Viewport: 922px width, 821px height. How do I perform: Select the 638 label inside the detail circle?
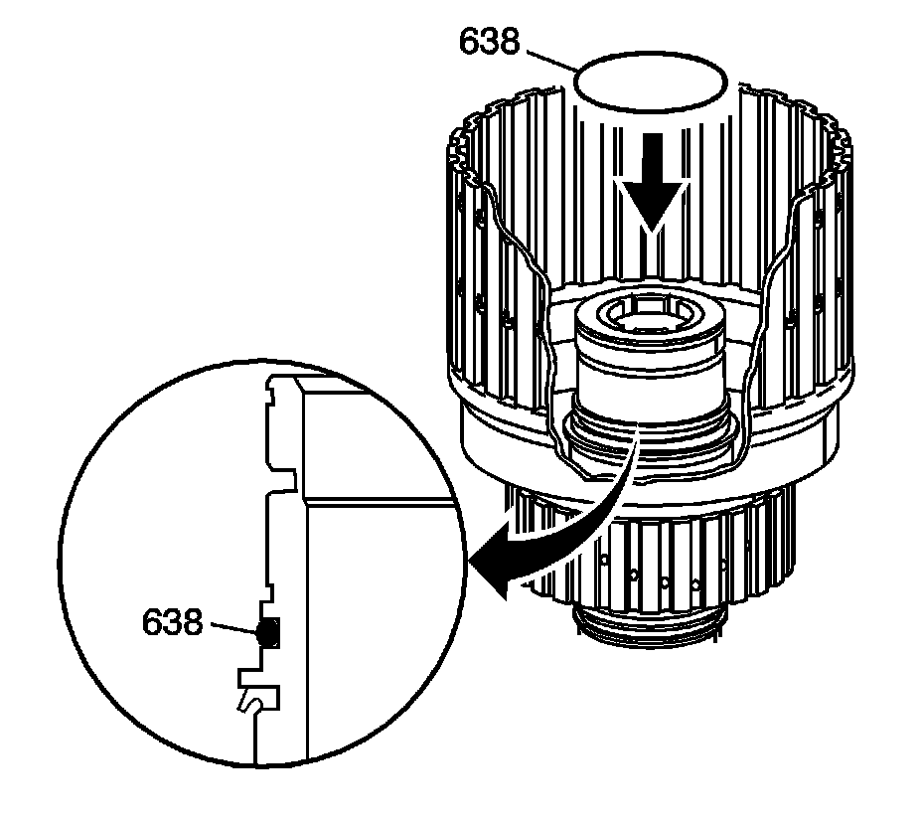173,622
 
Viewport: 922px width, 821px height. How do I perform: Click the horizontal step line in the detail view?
378,500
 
